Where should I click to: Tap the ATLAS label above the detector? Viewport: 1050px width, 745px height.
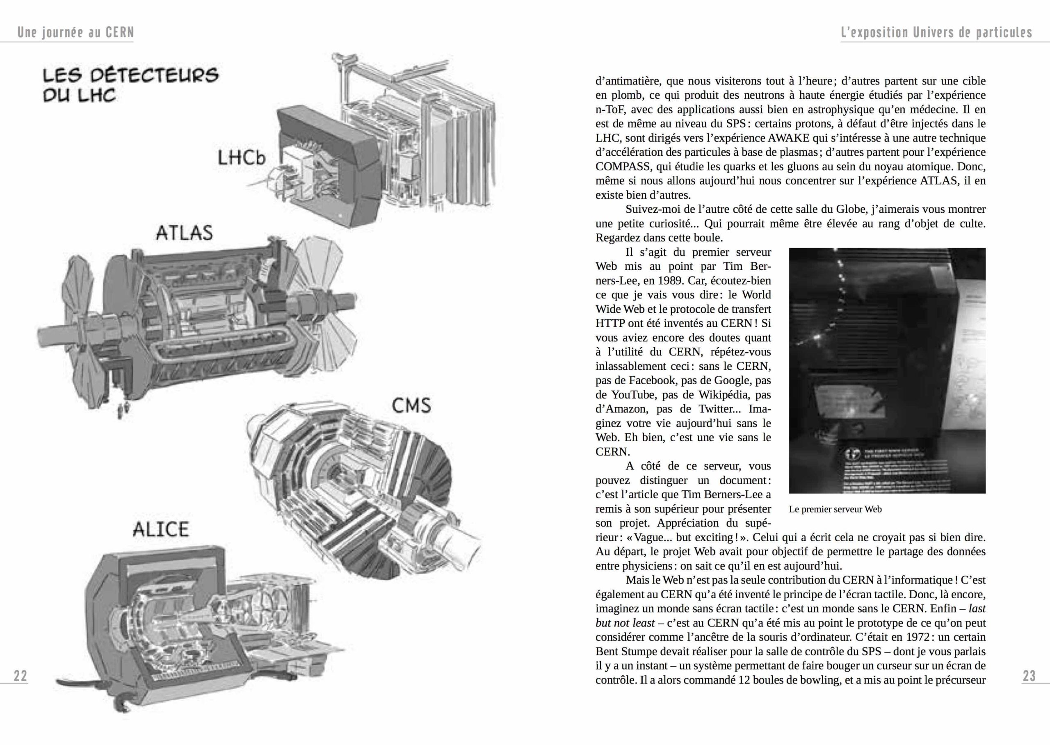click(x=184, y=232)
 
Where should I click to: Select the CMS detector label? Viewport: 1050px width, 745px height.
click(x=411, y=406)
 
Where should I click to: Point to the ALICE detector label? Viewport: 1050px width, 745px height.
click(x=161, y=529)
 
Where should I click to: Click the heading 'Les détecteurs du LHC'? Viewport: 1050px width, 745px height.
click(x=130, y=85)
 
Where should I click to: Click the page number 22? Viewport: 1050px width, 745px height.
click(x=20, y=676)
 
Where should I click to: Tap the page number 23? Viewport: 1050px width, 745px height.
click(x=1029, y=676)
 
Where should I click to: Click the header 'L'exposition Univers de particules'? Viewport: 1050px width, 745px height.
click(x=936, y=32)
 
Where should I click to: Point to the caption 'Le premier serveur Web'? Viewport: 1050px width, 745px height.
click(x=835, y=509)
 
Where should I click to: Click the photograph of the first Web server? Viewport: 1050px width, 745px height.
click(x=887, y=370)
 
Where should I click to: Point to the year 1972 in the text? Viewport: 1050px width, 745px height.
click(x=919, y=637)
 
